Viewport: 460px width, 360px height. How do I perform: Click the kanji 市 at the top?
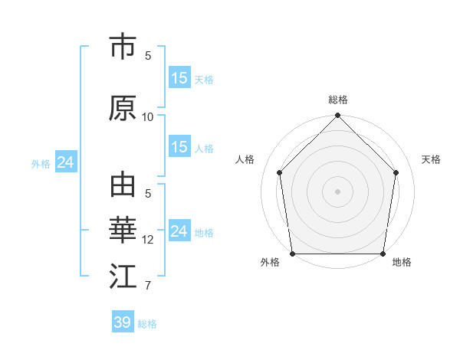tap(123, 47)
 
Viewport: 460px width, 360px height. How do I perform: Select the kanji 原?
tap(123, 109)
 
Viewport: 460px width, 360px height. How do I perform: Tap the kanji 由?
tap(123, 186)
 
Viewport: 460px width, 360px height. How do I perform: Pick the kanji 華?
tap(123, 231)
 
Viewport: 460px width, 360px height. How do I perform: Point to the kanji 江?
tap(123, 277)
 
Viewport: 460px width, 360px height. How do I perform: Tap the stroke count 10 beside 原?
tap(148, 116)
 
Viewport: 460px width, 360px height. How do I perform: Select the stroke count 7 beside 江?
tap(148, 286)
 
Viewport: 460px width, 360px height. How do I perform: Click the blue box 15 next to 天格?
tap(179, 78)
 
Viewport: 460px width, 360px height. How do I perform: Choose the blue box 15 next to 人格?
tap(179, 147)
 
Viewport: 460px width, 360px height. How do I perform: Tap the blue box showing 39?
tap(122, 322)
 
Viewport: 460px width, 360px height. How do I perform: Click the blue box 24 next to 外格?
tap(65, 162)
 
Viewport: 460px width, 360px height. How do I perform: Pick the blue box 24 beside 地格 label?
tap(179, 231)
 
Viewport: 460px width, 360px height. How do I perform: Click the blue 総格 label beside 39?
tap(147, 324)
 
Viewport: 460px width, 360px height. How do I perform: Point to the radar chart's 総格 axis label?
tap(338, 100)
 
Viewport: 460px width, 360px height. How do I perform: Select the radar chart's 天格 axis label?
tap(432, 159)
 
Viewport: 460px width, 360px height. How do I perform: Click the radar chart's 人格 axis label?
tap(245, 159)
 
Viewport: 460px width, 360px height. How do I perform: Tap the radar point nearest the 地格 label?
tap(383, 254)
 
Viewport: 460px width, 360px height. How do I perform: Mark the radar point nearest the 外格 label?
tap(292, 254)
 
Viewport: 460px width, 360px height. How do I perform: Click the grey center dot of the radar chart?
tap(338, 191)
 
